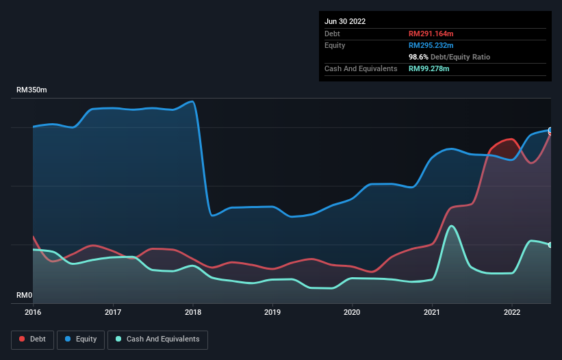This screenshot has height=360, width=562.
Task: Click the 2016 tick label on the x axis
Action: (33, 312)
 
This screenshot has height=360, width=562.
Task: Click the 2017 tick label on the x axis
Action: (113, 312)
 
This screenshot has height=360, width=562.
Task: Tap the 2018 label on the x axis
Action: (193, 312)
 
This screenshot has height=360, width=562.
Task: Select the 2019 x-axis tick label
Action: (272, 312)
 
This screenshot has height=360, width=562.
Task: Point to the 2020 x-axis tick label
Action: (353, 312)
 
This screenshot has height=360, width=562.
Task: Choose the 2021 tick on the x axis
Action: (432, 312)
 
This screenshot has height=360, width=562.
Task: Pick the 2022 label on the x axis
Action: (511, 312)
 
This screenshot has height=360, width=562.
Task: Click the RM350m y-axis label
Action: (32, 90)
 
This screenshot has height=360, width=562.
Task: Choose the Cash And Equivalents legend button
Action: (157, 339)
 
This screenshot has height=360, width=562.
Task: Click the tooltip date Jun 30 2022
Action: (345, 21)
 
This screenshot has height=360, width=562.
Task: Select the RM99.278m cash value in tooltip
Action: (429, 68)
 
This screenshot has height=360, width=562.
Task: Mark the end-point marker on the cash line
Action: (550, 245)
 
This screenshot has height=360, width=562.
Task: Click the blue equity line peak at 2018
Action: (192, 102)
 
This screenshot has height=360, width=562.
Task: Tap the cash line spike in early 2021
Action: (451, 226)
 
